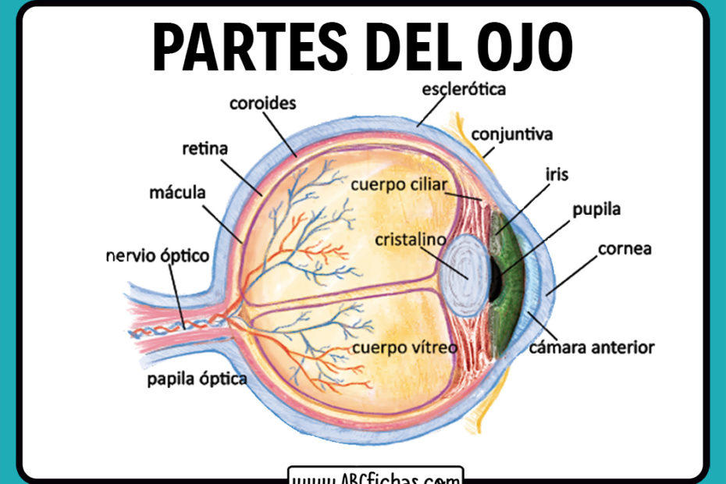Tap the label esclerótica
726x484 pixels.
pyautogui.click(x=464, y=88)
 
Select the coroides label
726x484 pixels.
pyautogui.click(x=262, y=103)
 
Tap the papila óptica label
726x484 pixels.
pyautogui.click(x=198, y=379)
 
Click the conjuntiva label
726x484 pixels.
pyautogui.click(x=511, y=134)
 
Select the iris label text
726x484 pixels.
pyautogui.click(x=557, y=175)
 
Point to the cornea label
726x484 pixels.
pyautogui.click(x=625, y=250)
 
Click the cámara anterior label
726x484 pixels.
pyautogui.click(x=592, y=347)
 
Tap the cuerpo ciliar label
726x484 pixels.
pyautogui.click(x=399, y=185)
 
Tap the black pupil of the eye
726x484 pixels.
pyautogui.click(x=494, y=279)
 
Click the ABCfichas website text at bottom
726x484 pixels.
pyautogui.click(x=375, y=477)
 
